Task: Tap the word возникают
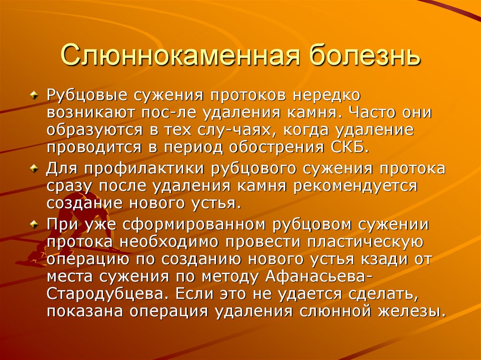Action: click(89, 114)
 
